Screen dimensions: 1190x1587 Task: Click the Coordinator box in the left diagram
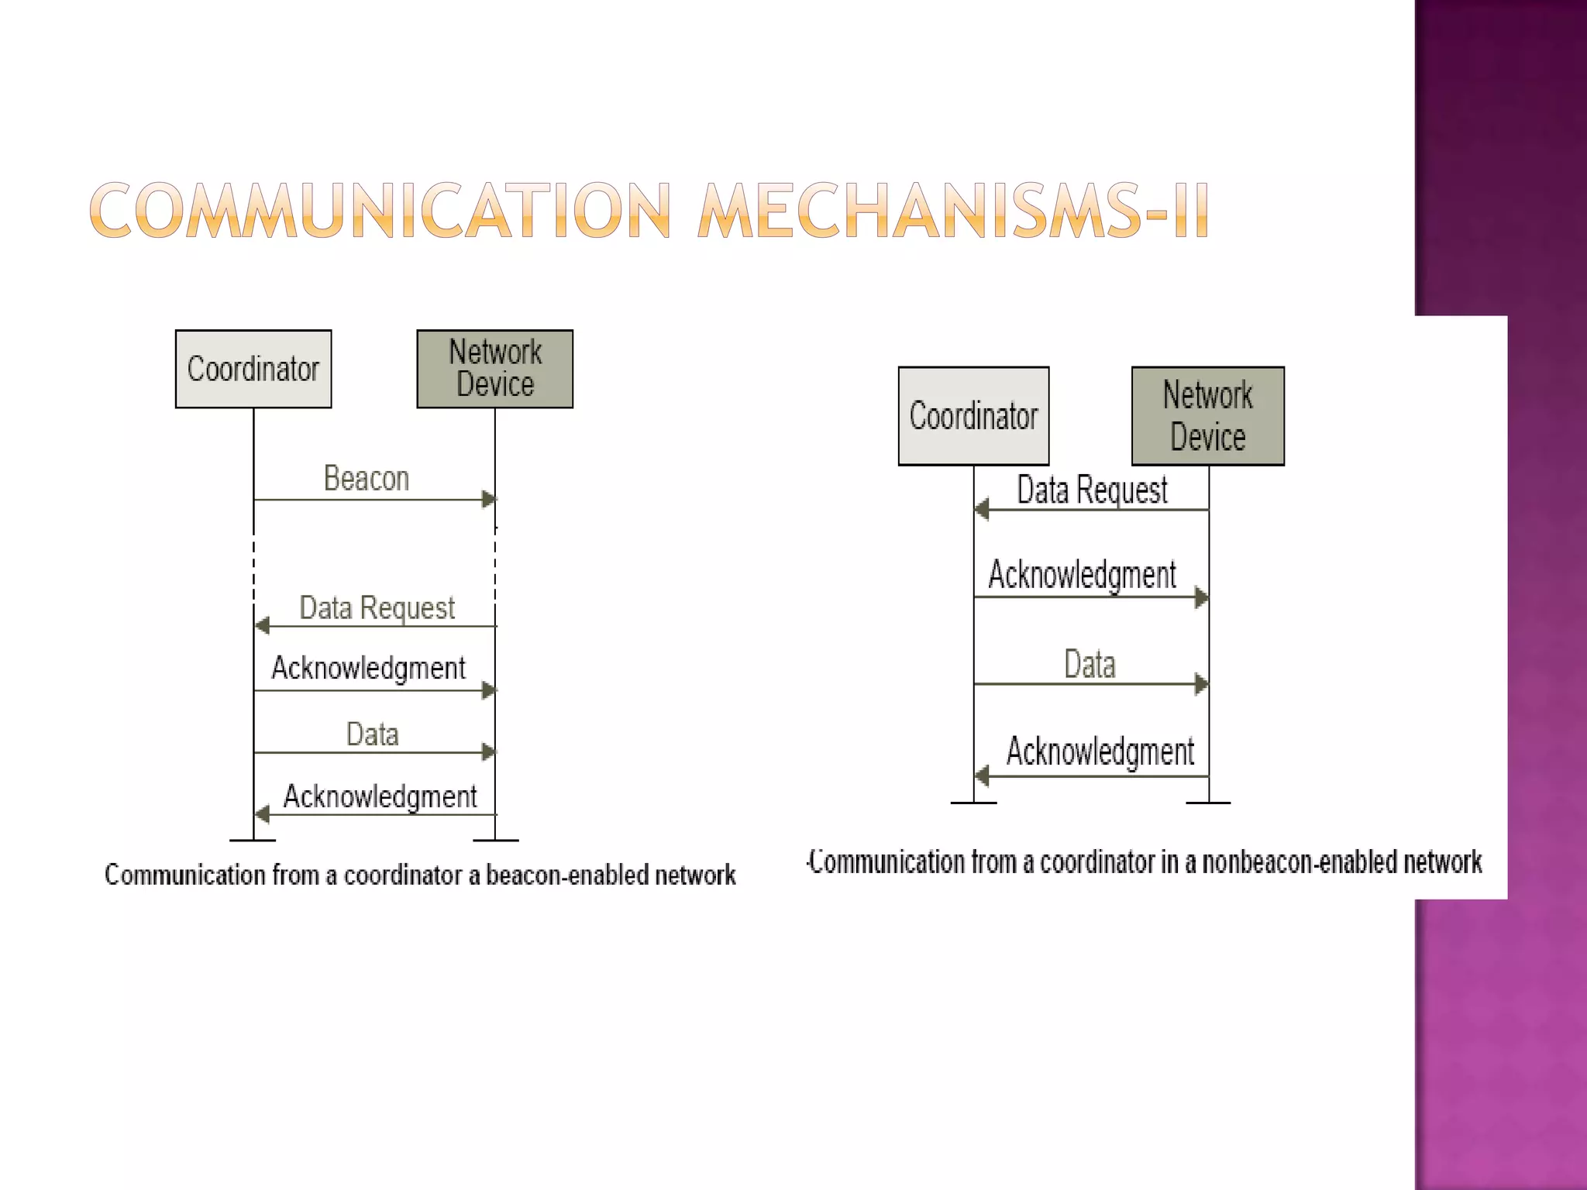tap(253, 369)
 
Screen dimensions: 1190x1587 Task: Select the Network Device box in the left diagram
tap(494, 369)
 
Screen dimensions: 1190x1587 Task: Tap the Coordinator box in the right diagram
tap(973, 416)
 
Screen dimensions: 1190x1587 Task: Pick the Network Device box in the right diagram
tap(1207, 416)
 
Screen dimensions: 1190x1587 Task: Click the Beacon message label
tap(366, 479)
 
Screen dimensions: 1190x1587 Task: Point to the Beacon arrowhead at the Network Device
tap(489, 500)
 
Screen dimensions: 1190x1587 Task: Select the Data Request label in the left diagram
tap(377, 609)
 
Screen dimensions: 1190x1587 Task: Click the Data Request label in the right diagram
tap(1092, 490)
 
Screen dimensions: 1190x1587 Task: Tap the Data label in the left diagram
tap(372, 734)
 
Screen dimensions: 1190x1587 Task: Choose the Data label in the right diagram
tap(1090, 665)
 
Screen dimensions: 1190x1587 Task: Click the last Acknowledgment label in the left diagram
tap(380, 797)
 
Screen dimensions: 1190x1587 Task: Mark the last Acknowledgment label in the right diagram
tap(1100, 752)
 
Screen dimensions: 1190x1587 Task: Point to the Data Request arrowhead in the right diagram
tap(982, 510)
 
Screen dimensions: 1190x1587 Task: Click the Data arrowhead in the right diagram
tap(1202, 684)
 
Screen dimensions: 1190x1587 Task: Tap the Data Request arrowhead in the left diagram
tap(262, 625)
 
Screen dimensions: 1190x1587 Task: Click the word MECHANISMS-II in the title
tap(952, 211)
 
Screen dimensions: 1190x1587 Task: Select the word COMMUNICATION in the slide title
tap(380, 211)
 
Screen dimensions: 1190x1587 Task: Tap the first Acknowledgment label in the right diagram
tap(1082, 576)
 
